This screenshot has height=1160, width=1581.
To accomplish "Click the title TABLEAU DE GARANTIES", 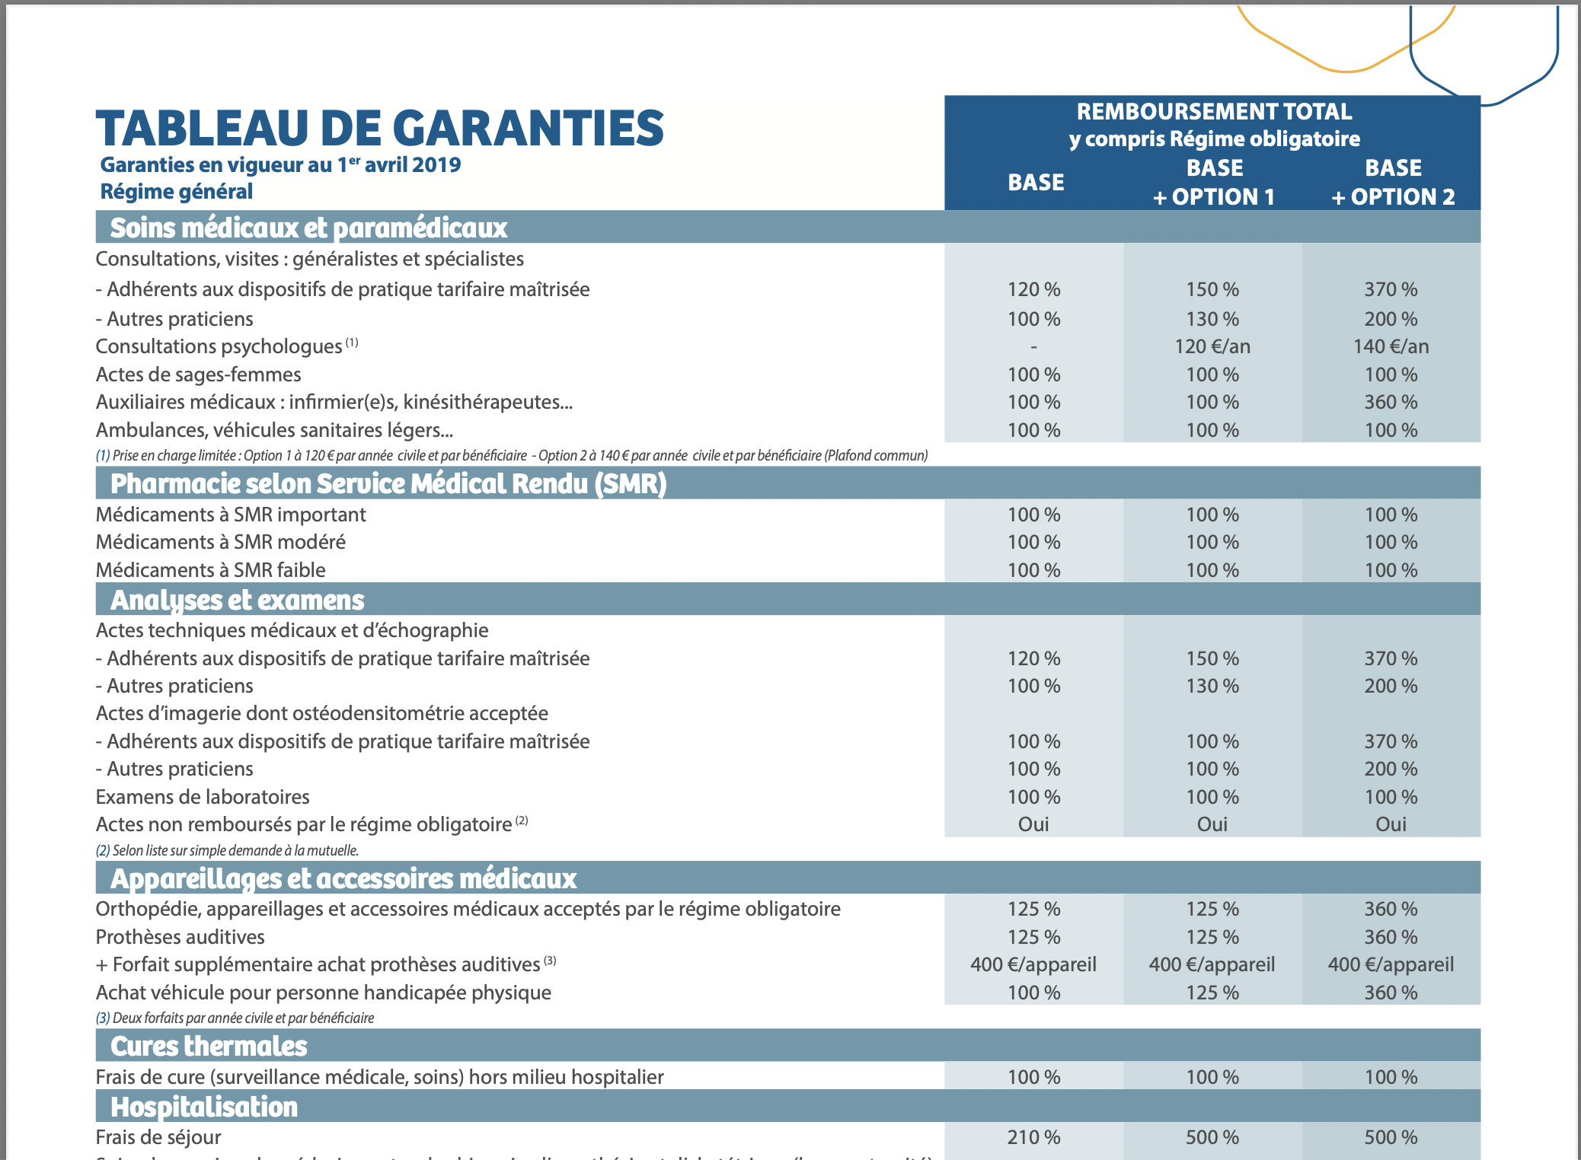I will [379, 128].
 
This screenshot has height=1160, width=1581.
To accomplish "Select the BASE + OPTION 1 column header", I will [1213, 183].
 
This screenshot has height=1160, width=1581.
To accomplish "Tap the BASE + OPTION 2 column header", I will [1392, 183].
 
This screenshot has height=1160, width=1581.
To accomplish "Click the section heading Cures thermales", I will [209, 1046].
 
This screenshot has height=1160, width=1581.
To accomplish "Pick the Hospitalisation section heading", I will [204, 1107].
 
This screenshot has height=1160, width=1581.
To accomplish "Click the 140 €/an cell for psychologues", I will [1391, 346].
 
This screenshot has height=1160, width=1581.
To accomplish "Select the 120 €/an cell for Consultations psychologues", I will [1212, 346].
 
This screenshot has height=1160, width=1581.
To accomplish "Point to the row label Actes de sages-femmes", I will [198, 374].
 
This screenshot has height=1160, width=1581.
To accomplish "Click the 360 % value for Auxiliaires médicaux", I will [1391, 402].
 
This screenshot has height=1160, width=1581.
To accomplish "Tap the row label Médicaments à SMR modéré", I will [221, 542].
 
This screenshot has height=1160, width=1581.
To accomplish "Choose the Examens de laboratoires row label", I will [203, 797].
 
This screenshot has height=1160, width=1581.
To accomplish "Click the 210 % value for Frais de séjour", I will [1033, 1137].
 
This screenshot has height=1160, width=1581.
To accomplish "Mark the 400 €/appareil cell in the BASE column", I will [1033, 964].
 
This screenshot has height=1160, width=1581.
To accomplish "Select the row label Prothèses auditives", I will [180, 937].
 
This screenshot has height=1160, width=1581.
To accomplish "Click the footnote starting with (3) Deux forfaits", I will [235, 1018].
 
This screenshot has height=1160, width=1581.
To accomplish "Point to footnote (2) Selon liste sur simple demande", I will [227, 850].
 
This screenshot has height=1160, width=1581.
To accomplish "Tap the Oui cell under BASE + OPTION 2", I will [1391, 824].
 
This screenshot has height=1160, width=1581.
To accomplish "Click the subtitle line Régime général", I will [177, 191].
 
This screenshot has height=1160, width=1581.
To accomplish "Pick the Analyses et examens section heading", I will [238, 600].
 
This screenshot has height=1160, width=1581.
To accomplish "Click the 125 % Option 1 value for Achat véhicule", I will [1212, 993].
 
